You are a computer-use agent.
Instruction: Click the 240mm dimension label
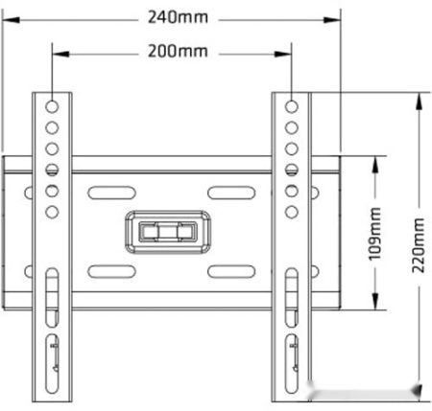[178, 17]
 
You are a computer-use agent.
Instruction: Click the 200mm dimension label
[178, 51]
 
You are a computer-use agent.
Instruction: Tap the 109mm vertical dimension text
[374, 234]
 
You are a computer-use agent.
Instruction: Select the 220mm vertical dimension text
[418, 245]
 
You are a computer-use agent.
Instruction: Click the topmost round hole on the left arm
[52, 106]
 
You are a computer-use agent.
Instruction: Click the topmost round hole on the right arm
[291, 106]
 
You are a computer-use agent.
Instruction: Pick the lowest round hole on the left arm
[52, 212]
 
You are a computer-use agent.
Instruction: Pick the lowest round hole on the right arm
[291, 212]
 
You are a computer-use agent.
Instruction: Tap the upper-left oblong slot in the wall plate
[111, 193]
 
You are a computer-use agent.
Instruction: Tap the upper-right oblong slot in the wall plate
[231, 193]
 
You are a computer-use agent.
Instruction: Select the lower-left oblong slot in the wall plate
[111, 271]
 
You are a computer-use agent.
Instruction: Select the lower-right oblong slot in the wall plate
[231, 271]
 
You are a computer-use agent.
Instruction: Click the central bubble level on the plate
[168, 232]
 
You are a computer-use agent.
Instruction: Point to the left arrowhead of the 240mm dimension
[11, 20]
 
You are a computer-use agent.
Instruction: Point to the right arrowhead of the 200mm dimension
[283, 54]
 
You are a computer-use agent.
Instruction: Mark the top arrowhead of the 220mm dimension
[419, 102]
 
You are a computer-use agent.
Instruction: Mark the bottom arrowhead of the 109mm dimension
[375, 301]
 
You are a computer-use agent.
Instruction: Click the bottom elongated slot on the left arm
[52, 364]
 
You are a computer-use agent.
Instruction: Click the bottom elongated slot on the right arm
[291, 364]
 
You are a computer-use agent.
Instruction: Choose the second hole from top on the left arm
[52, 127]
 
